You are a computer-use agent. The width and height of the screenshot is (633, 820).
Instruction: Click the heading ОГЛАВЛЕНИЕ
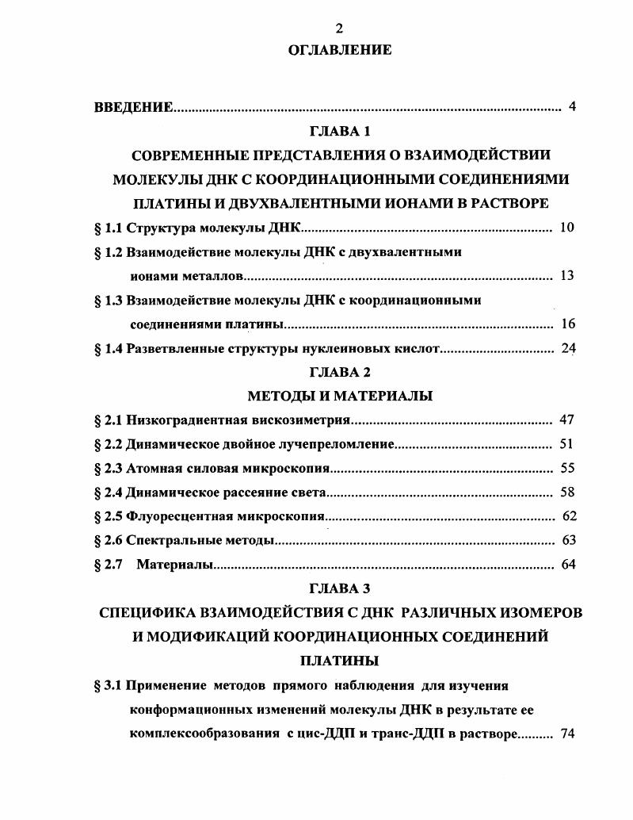click(339, 50)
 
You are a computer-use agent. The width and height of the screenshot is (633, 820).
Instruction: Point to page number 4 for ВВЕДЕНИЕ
click(572, 107)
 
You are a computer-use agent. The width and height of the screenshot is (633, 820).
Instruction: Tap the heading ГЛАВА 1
click(340, 131)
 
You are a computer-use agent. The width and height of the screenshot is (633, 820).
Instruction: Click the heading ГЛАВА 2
click(340, 372)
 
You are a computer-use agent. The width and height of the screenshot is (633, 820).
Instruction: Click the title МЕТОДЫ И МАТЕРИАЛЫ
click(340, 396)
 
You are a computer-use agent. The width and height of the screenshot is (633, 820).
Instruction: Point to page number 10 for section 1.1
click(566, 228)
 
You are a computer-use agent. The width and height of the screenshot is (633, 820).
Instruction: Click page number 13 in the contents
click(566, 276)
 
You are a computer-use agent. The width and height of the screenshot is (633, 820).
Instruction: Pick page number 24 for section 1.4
click(568, 348)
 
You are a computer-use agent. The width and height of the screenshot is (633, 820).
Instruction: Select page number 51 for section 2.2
click(566, 444)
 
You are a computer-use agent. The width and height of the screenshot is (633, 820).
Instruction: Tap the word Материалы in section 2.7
click(175, 565)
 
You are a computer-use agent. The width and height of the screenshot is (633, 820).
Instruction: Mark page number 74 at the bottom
click(566, 734)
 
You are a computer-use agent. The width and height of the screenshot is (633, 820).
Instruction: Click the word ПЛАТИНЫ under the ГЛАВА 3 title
click(340, 660)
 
